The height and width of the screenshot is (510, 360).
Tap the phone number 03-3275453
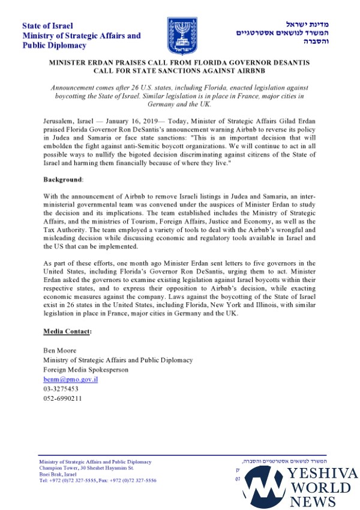(x=61, y=389)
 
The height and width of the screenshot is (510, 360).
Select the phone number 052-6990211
(x=63, y=398)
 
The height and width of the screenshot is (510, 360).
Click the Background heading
(x=63, y=179)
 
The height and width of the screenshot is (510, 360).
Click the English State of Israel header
(x=47, y=26)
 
